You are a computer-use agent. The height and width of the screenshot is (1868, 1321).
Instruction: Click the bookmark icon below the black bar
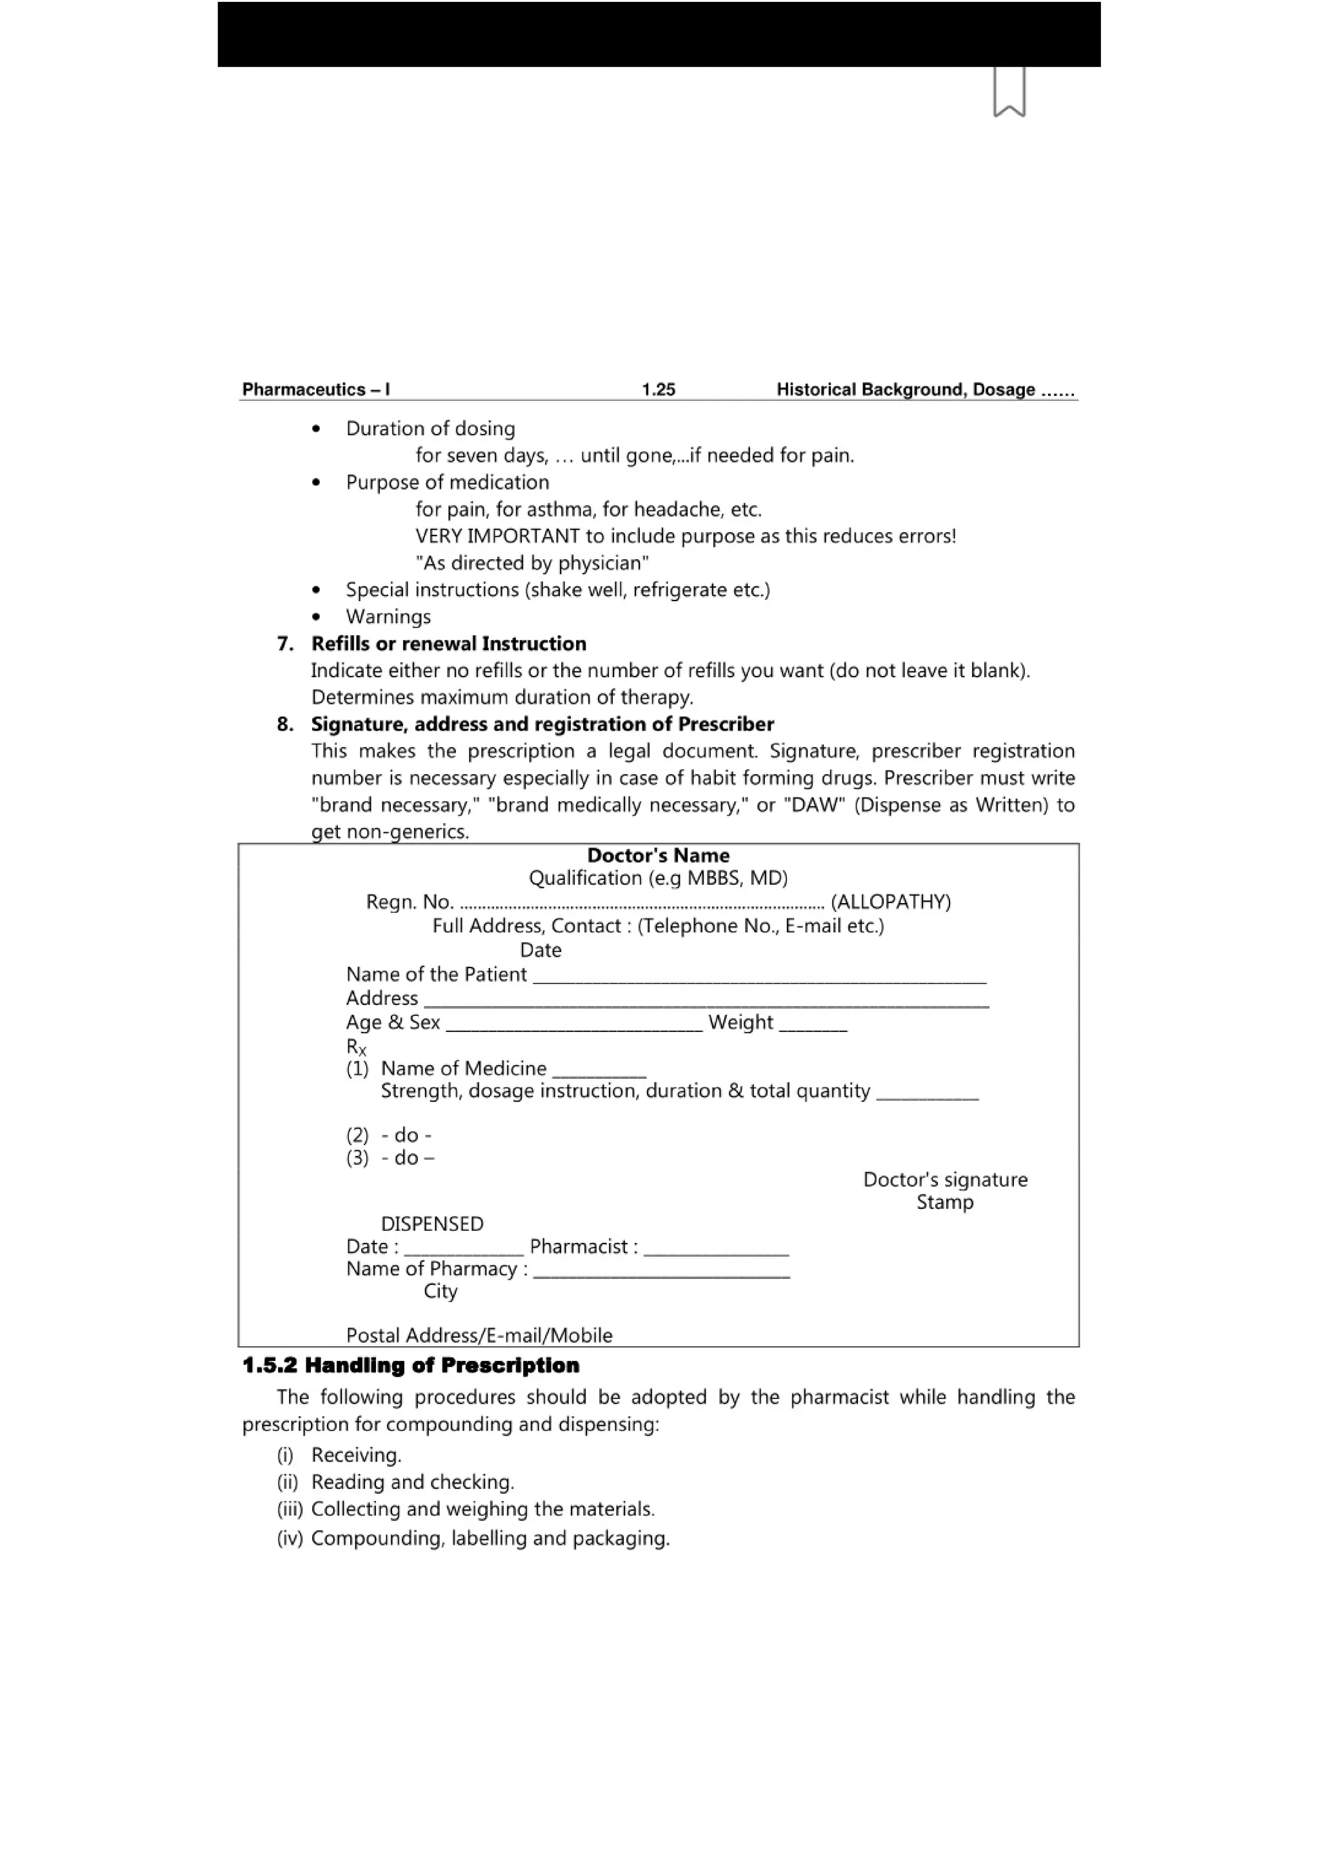[x=1009, y=92]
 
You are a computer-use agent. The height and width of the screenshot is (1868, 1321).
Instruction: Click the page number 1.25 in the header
[x=658, y=390]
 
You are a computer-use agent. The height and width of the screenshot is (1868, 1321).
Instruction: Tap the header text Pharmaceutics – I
[x=315, y=390]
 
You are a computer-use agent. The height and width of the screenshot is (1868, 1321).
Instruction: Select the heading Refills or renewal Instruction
[x=448, y=644]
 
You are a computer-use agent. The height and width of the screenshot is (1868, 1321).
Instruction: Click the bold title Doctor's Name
[x=658, y=855]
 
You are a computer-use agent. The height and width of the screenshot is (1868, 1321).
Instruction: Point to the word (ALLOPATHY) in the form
[x=891, y=902]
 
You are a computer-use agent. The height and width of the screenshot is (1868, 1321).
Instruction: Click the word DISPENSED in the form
[x=432, y=1224]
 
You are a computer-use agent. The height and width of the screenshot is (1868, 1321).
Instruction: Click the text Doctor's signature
[x=945, y=1180]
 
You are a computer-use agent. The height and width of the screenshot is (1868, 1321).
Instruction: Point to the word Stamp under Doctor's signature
[x=944, y=1202]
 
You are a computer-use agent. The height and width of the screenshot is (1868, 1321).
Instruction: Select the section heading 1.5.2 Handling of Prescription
[x=411, y=1366]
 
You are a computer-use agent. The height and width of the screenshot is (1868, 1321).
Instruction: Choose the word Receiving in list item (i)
[x=355, y=1456]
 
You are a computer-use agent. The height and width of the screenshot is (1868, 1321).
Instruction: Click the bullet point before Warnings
[x=317, y=617]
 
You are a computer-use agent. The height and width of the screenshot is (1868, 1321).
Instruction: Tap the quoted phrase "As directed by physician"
[x=532, y=563]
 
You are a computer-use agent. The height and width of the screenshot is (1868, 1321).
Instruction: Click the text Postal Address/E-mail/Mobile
[x=479, y=1335]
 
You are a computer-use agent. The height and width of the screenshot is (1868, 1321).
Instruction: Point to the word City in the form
[x=440, y=1291]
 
